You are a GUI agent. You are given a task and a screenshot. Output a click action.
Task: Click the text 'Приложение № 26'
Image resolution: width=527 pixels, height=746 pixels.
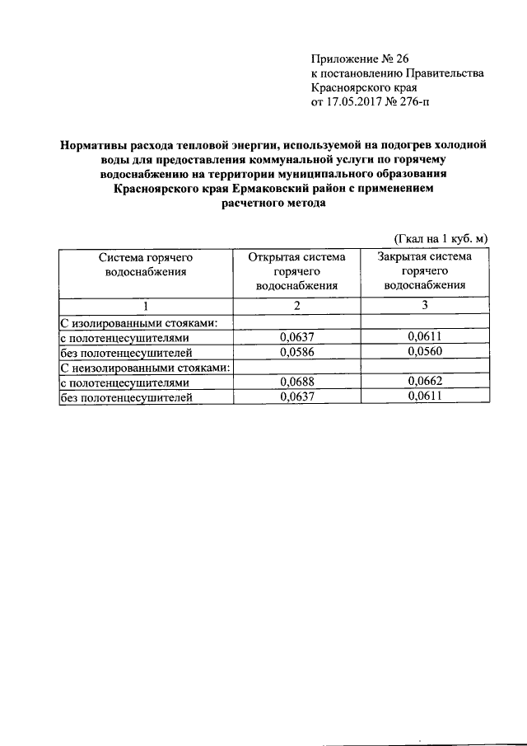click(x=359, y=59)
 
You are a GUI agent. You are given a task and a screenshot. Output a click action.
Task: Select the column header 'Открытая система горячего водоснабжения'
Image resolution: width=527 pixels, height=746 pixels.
click(x=297, y=271)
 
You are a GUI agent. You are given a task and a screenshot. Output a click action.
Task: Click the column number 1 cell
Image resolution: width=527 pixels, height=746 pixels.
click(x=146, y=306)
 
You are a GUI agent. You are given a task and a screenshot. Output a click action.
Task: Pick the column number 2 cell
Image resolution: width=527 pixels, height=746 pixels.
click(x=297, y=306)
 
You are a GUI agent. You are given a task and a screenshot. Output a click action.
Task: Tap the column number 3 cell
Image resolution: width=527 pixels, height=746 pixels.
click(x=424, y=306)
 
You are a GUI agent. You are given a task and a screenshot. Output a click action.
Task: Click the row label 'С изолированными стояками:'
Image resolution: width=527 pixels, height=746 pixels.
click(x=138, y=322)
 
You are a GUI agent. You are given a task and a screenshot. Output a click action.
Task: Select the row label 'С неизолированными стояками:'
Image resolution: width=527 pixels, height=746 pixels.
click(x=144, y=367)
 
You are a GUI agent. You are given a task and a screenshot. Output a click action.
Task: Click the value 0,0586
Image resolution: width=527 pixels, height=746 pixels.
click(x=297, y=352)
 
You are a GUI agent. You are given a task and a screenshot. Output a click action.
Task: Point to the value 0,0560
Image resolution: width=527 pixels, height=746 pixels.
click(x=424, y=352)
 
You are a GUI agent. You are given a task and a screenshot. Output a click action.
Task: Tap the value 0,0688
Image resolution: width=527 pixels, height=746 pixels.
click(x=297, y=382)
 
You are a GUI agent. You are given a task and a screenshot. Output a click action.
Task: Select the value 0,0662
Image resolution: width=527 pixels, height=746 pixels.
click(x=424, y=382)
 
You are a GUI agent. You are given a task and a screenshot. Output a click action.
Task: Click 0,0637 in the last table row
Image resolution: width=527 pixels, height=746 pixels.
click(x=297, y=396)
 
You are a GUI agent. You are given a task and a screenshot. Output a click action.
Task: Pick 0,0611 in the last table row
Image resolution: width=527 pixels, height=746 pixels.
click(x=424, y=396)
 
